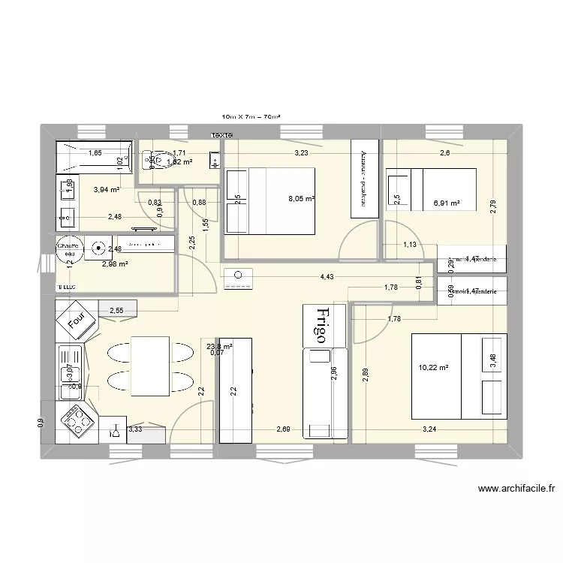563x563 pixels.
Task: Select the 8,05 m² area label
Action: point(301,199)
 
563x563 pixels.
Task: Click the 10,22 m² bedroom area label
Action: point(433,368)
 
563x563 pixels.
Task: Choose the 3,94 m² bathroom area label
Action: point(106,190)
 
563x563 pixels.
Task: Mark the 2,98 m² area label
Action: point(115,263)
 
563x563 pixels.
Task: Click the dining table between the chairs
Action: point(150,365)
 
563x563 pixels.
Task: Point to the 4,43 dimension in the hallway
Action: point(327,277)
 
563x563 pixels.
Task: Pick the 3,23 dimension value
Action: point(300,153)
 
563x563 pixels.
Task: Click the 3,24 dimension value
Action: point(429,429)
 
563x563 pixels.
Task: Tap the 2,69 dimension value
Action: point(283,429)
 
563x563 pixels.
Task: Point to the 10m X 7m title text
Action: point(256,117)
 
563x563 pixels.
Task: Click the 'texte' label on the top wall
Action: point(221,135)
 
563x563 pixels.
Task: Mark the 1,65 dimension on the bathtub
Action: point(95,153)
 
